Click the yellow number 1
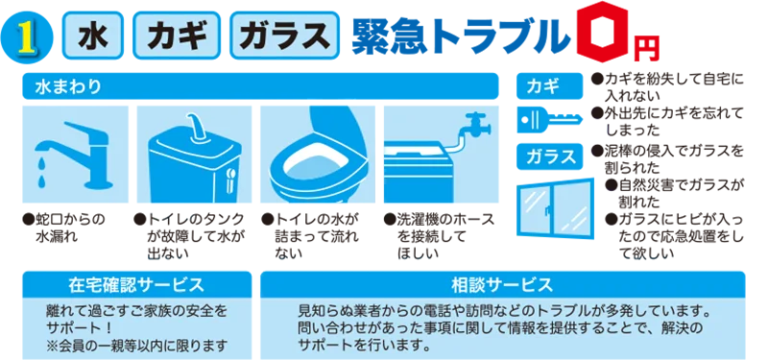click(26, 37)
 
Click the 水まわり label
click(68, 86)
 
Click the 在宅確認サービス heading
click(135, 285)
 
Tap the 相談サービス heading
click(501, 285)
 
